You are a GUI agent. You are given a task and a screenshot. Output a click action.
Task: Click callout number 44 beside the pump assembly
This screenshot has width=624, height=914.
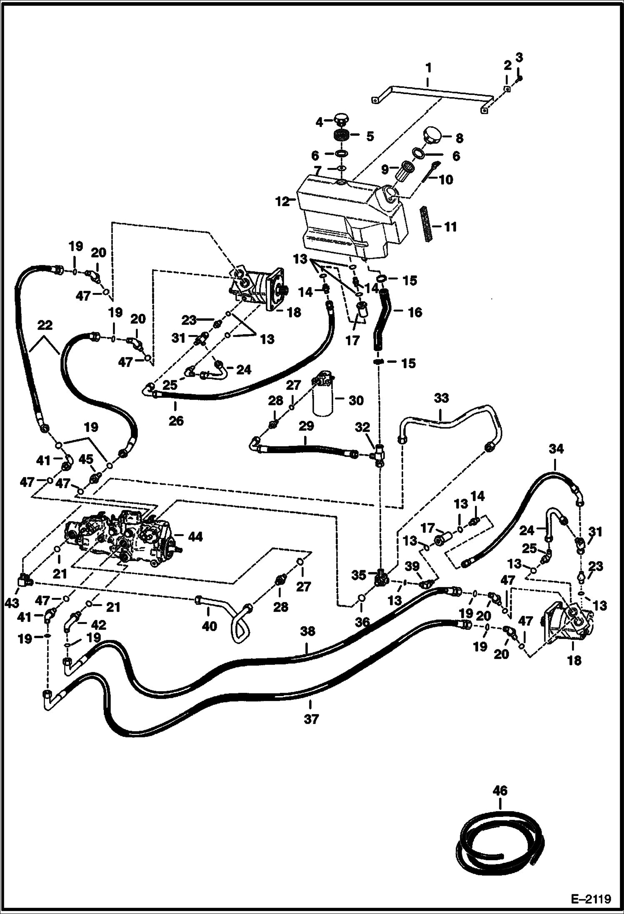click(x=195, y=537)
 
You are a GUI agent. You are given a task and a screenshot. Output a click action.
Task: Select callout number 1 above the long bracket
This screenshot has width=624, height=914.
click(x=428, y=68)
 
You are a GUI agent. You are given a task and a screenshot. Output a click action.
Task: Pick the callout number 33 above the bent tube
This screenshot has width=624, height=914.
click(x=441, y=398)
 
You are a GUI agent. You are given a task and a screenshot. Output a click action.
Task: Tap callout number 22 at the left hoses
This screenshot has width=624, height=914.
click(x=45, y=325)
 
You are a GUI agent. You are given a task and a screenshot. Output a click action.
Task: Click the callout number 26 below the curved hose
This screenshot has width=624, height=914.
click(x=176, y=421)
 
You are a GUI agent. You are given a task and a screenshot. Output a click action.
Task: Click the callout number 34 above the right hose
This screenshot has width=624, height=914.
click(x=556, y=449)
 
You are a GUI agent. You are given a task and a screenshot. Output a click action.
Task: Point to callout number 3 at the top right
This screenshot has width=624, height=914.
click(x=519, y=57)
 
